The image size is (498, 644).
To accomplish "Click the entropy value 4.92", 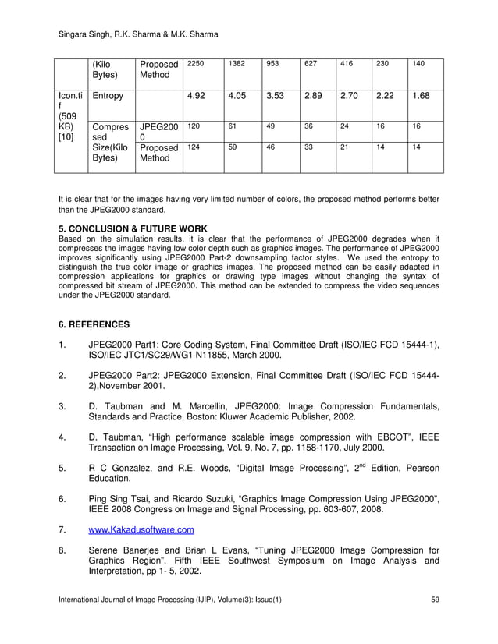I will click(195, 96).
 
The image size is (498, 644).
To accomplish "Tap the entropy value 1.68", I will click(420, 96).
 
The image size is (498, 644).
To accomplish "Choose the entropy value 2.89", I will click(312, 96).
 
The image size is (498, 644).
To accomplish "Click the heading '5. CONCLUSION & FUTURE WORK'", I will click(133, 228).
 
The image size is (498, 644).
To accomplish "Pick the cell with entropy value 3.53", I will click(274, 96).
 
